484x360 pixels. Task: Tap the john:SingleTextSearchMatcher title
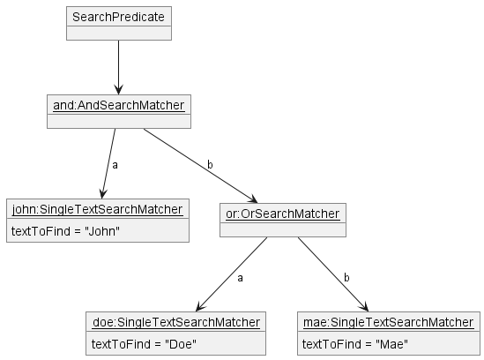coord(97,210)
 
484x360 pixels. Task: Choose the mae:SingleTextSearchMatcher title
coord(388,322)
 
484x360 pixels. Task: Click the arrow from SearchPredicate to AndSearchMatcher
coord(117,67)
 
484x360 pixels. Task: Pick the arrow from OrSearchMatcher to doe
coord(229,274)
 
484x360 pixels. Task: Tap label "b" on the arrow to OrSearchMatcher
coord(210,165)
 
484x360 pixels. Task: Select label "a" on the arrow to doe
coord(240,278)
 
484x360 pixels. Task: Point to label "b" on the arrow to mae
coord(346,278)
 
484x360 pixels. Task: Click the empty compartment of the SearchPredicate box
coord(117,34)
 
